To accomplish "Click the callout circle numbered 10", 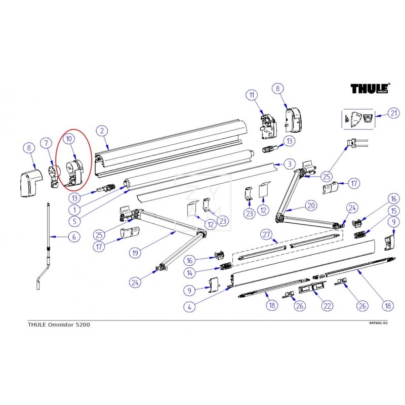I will click(x=69, y=138).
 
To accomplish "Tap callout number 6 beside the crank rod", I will click(x=74, y=236).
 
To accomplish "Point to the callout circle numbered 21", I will click(x=394, y=114).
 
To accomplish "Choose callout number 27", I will click(x=267, y=234).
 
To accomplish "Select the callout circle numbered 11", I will click(x=252, y=95).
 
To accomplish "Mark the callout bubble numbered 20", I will click(x=310, y=206).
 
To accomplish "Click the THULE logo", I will click(x=370, y=89).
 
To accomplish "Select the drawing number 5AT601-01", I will click(x=378, y=323).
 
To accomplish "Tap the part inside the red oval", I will click(x=75, y=172).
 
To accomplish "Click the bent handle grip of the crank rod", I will click(x=38, y=283).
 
